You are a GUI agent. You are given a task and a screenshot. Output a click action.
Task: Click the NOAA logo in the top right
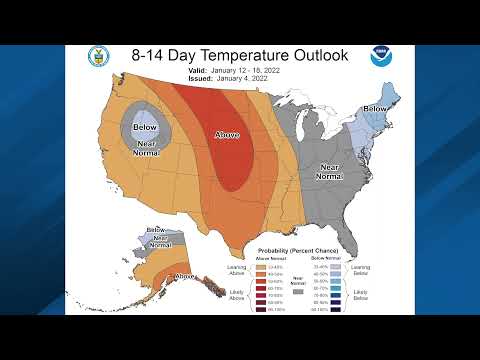pyautogui.click(x=381, y=56)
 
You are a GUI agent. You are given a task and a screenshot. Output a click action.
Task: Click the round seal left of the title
pyautogui.click(x=99, y=56)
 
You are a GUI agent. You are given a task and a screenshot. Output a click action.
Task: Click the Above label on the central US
pyautogui.click(x=227, y=133)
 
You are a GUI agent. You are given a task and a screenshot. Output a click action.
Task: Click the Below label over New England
pyautogui.click(x=375, y=108)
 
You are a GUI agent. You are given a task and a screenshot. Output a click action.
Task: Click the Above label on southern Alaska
pyautogui.click(x=185, y=276)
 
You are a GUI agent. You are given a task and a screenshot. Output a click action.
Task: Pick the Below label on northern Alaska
pyautogui.click(x=157, y=231)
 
